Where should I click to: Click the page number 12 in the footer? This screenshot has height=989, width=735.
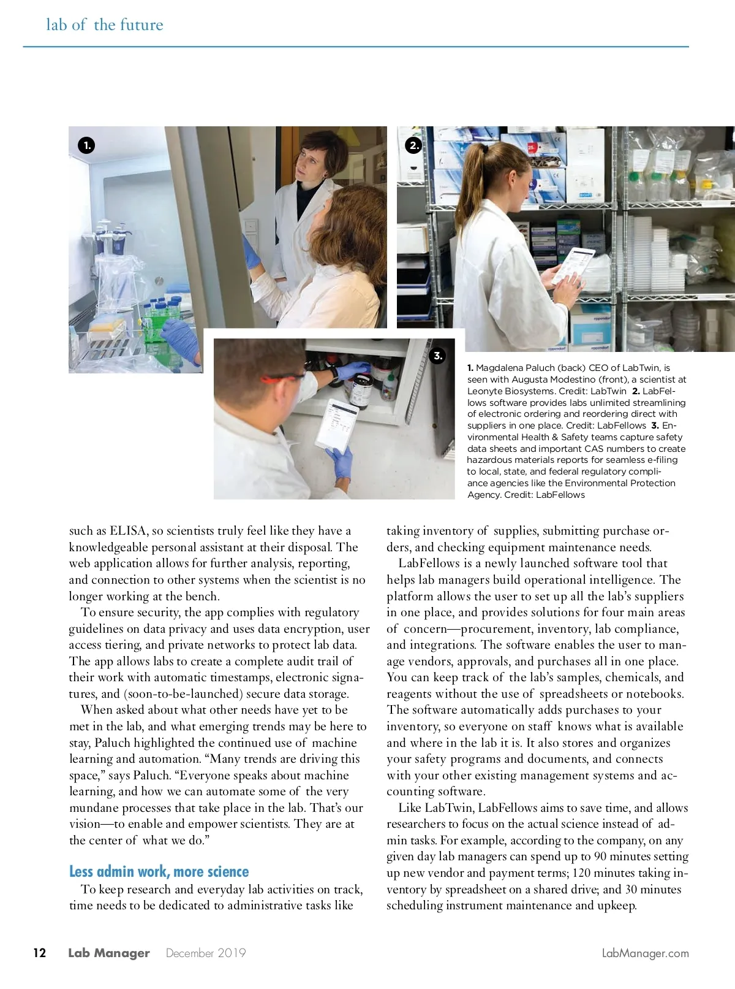coord(39,953)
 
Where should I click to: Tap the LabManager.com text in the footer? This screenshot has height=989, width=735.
coord(645,953)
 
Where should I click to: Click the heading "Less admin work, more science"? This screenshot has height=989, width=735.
coord(159,871)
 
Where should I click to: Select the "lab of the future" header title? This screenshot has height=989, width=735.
coord(105,25)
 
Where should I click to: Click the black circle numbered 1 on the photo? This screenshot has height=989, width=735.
coord(86,145)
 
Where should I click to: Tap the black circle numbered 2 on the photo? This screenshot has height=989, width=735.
coord(414,145)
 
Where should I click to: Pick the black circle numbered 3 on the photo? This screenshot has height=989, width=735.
coord(437,356)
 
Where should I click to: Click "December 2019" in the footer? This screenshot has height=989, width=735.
coord(206,953)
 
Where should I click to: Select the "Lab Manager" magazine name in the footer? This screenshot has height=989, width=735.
coord(108,953)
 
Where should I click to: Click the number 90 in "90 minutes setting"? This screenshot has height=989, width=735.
coord(601,857)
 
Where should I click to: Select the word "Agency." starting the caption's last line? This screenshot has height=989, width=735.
coord(484,495)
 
